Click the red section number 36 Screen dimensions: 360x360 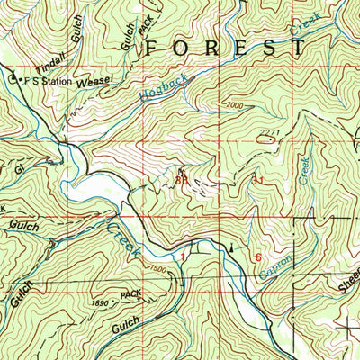click(182, 180)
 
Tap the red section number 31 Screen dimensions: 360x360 click(259, 180)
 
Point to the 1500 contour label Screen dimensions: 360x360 click(159, 269)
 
